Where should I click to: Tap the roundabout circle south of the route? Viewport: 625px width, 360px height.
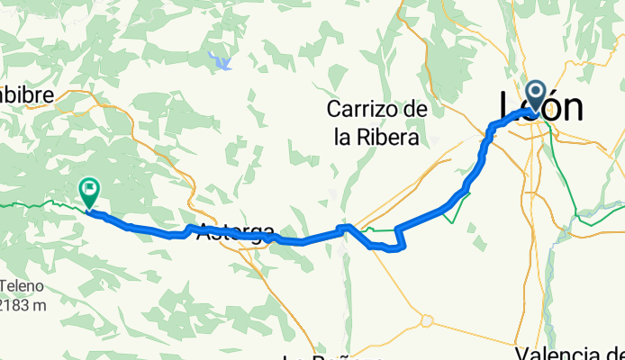pos(426,319)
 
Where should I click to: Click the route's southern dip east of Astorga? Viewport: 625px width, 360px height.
pos(393,248)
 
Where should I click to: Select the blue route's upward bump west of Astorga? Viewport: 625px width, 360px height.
pos(191,229)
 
